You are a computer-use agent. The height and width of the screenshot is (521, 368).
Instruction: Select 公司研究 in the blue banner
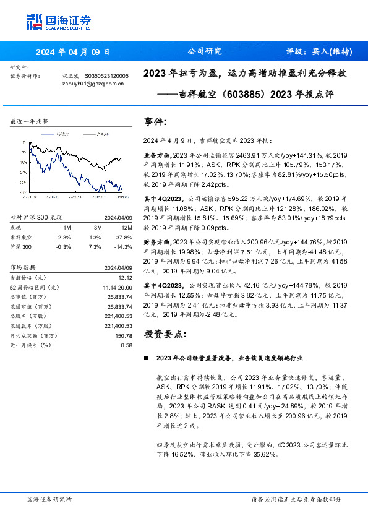(x=204, y=51)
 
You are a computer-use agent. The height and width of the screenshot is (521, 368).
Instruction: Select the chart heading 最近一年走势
(x=30, y=122)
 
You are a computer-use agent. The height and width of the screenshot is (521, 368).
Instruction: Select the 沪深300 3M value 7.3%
(x=95, y=246)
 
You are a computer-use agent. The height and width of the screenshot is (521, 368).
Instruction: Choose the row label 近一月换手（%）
(x=33, y=345)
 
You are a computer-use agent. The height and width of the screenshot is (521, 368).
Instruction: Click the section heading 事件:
(x=155, y=121)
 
